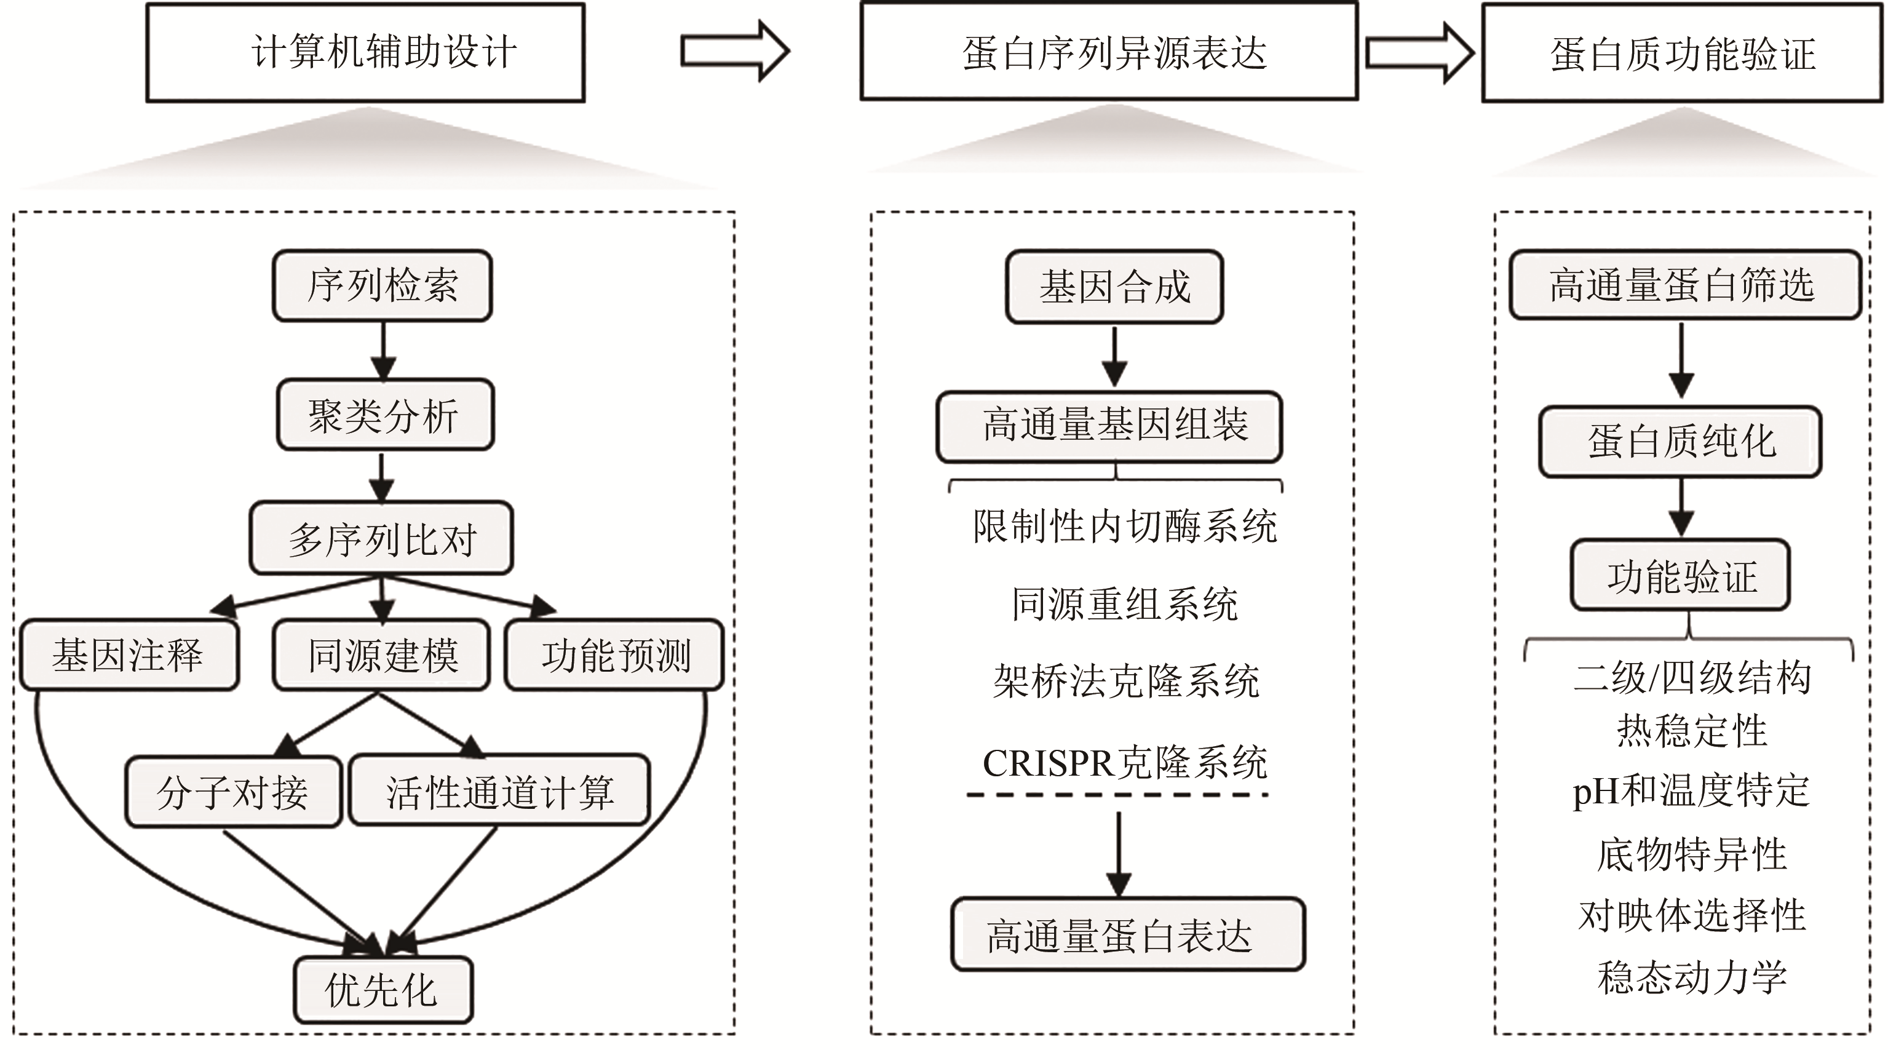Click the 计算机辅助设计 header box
click(x=365, y=53)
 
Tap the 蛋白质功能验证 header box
click(x=1681, y=53)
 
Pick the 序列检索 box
click(x=382, y=286)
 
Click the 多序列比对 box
click(x=381, y=538)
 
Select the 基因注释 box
click(x=129, y=654)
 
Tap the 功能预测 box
click(x=614, y=654)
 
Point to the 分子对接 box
click(x=233, y=792)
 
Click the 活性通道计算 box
click(x=499, y=790)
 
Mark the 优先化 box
click(x=383, y=990)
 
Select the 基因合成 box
click(x=1114, y=287)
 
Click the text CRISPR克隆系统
click(x=1124, y=763)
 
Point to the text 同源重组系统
click(x=1124, y=605)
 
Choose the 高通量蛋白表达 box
click(x=1127, y=935)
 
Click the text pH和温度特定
click(x=1690, y=791)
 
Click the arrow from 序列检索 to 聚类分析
click(x=383, y=350)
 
